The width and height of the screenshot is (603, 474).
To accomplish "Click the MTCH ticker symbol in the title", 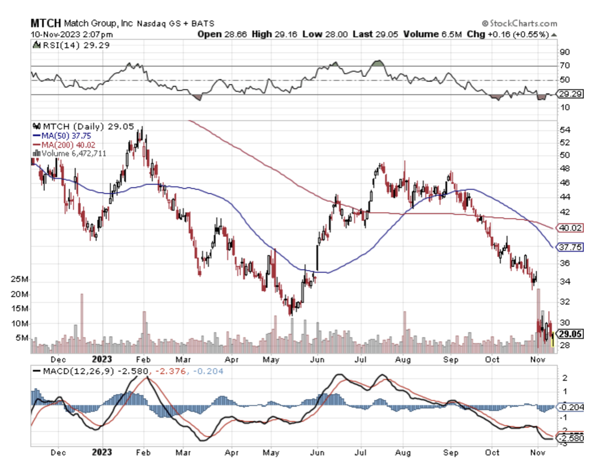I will click(45, 23).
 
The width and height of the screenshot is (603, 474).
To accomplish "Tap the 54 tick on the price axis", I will click(564, 130).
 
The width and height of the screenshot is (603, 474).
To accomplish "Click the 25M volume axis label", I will click(21, 280).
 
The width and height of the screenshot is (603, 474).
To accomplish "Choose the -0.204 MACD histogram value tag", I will click(571, 407).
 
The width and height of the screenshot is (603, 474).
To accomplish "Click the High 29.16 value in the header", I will click(270, 34).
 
